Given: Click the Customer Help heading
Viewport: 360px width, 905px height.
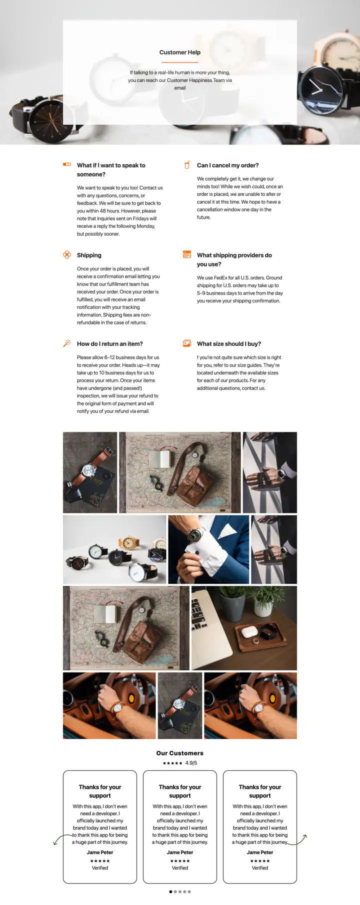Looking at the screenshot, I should [x=179, y=52].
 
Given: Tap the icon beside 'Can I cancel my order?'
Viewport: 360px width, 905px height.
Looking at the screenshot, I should [x=187, y=165].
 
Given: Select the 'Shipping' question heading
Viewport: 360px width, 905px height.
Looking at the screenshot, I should [x=89, y=255].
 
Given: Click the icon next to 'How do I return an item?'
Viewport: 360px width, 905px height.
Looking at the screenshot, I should [x=66, y=343].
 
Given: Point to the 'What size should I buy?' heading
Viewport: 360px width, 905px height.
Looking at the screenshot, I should [x=228, y=343].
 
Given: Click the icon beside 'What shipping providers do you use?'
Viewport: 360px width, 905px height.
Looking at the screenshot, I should [x=187, y=255].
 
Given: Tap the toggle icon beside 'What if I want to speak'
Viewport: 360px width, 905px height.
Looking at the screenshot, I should [x=66, y=164].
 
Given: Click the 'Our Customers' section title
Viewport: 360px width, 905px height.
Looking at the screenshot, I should [x=179, y=753].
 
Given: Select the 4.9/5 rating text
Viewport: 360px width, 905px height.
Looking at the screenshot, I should [x=191, y=763].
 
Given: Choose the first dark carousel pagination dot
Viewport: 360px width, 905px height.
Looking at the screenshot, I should [x=170, y=891].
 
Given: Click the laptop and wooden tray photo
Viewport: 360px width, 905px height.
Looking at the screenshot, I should [x=244, y=628].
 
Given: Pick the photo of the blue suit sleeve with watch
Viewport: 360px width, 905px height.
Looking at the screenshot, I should [x=208, y=549].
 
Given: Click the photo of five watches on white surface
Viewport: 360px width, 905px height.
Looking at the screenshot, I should [x=114, y=549].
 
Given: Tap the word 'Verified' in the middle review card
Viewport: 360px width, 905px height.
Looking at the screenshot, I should [x=179, y=868].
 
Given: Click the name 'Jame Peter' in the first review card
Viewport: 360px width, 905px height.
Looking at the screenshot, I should [x=100, y=852].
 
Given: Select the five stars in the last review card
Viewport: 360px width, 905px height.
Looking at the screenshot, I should [x=259, y=861].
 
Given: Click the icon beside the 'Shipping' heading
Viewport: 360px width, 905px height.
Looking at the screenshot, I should [x=66, y=255].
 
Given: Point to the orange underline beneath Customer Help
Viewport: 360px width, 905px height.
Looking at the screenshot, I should [x=179, y=62].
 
